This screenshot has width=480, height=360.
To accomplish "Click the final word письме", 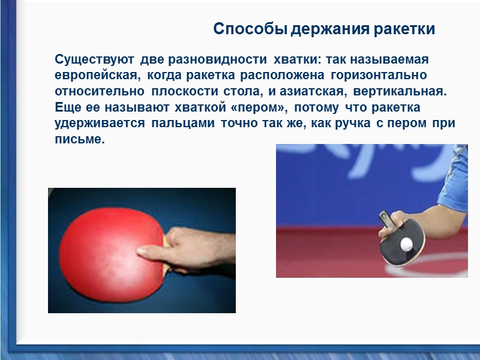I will click(80, 139).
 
